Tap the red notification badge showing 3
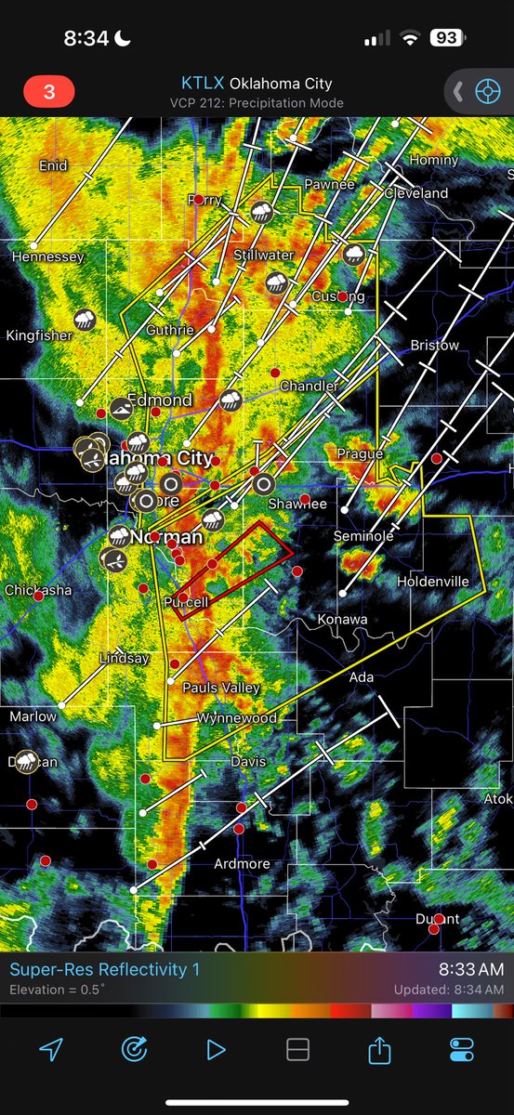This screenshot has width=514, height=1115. click(x=48, y=92)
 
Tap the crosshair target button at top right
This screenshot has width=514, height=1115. click(x=486, y=91)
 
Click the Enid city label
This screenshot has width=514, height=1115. click(x=53, y=165)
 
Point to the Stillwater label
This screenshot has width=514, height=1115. click(x=263, y=255)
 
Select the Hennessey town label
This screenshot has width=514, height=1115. click(x=48, y=256)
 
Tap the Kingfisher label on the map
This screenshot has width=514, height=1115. click(x=39, y=335)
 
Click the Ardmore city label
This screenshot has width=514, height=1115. click(x=242, y=864)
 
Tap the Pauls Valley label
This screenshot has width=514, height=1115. click(x=221, y=689)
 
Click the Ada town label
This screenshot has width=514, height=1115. click(x=362, y=677)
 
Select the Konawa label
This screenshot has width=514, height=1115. click(x=342, y=619)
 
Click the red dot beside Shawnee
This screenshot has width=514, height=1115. click(x=305, y=499)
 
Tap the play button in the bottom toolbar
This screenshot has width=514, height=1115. click(x=216, y=1049)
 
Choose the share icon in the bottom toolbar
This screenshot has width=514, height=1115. click(x=378, y=1049)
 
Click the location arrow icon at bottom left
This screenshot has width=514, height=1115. click(x=51, y=1049)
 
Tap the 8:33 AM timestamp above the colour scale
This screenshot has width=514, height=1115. click(x=471, y=969)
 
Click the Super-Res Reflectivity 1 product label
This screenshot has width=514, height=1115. click(x=104, y=969)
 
